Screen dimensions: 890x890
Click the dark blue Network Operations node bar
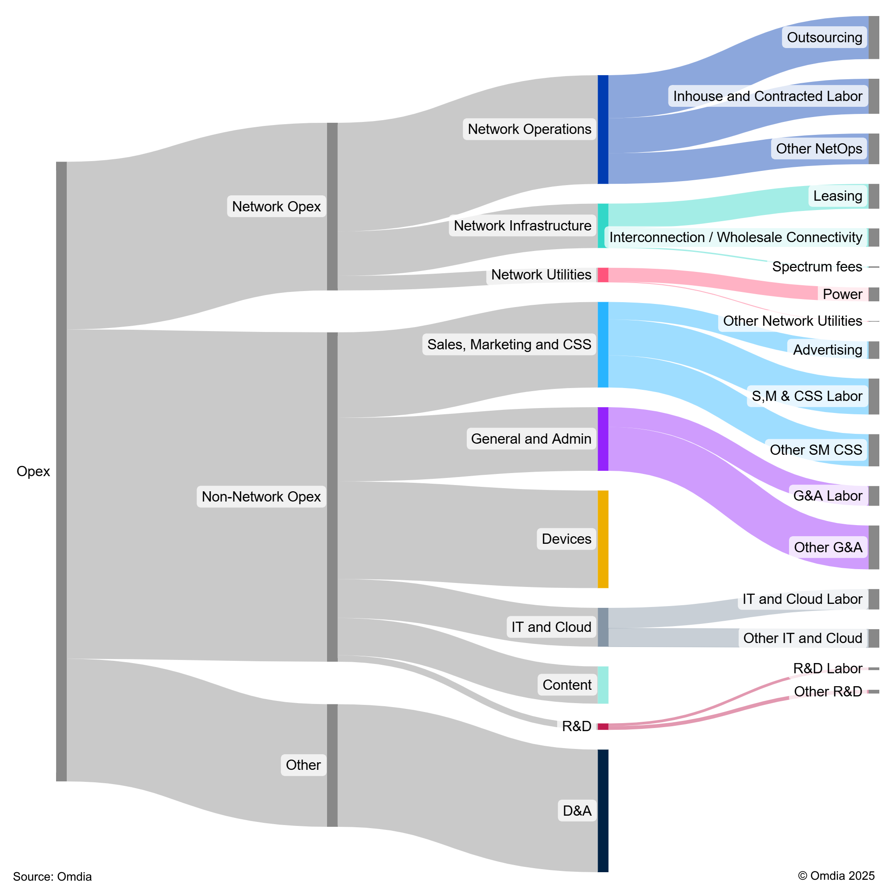tap(603, 129)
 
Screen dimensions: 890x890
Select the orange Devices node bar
tap(603, 539)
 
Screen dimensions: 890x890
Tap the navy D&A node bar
tap(603, 810)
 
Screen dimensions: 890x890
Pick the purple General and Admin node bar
tap(603, 439)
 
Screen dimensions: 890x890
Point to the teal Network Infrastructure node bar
tap(603, 226)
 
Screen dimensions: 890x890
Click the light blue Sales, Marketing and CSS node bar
tap(603, 344)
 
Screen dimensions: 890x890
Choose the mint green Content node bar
tap(603, 684)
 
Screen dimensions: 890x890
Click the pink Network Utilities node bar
tap(603, 275)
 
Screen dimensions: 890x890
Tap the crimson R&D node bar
tap(603, 727)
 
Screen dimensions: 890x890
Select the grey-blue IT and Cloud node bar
tap(603, 627)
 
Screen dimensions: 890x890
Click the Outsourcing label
tap(824, 37)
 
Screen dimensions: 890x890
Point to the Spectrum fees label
tap(817, 267)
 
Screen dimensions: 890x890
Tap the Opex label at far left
tap(33, 471)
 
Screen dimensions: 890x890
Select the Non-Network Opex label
tap(261, 497)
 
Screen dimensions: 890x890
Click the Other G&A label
tap(828, 547)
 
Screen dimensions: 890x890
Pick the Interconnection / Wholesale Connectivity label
tap(735, 237)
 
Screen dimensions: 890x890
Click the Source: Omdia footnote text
tap(52, 876)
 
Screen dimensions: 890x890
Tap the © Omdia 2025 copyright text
tap(836, 875)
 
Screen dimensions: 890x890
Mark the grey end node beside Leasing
tap(874, 196)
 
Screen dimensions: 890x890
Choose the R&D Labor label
tap(827, 668)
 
